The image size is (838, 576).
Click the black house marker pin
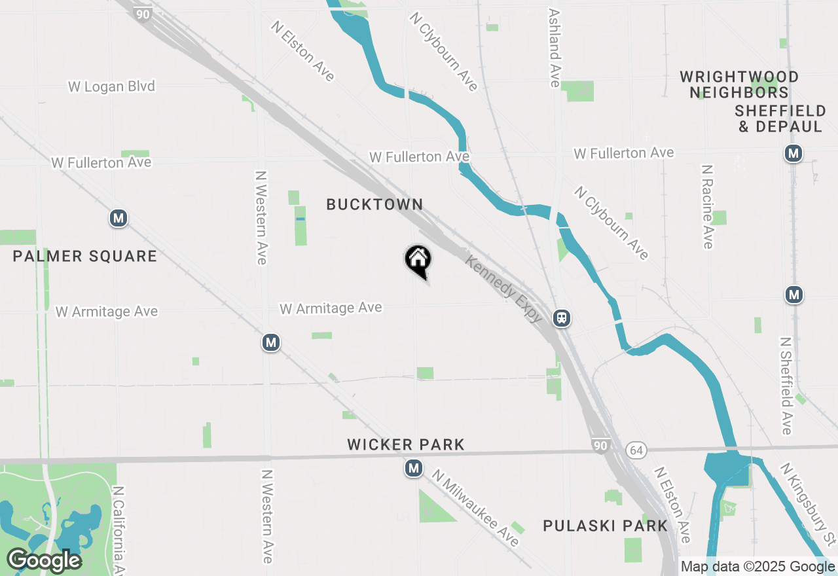(418, 260)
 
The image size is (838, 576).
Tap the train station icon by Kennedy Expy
(562, 318)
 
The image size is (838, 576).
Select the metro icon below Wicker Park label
(413, 468)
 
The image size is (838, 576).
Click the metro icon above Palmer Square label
(118, 218)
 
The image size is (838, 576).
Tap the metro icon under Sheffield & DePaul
(793, 154)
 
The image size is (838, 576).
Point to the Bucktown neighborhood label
(374, 204)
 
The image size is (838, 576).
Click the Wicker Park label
(406, 445)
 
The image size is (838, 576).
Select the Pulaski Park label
(606, 526)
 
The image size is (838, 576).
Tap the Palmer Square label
(85, 256)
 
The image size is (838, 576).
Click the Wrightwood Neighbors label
(739, 85)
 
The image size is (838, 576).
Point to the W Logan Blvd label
(111, 86)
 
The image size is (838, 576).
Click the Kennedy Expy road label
(504, 289)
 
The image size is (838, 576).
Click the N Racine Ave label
(706, 207)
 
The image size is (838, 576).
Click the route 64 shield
(635, 450)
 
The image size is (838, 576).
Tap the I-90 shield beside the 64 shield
(600, 446)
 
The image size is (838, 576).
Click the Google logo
(45, 560)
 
